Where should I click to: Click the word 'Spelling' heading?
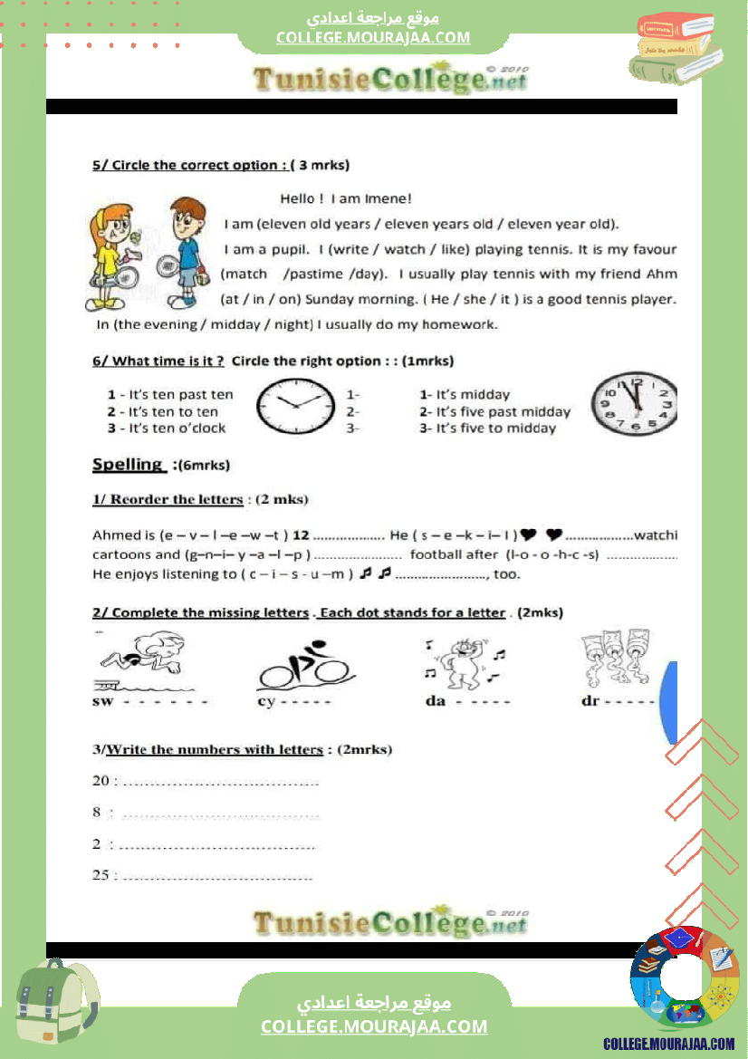tap(128, 465)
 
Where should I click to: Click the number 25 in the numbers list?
tap(100, 875)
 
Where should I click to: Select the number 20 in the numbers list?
tap(100, 781)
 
